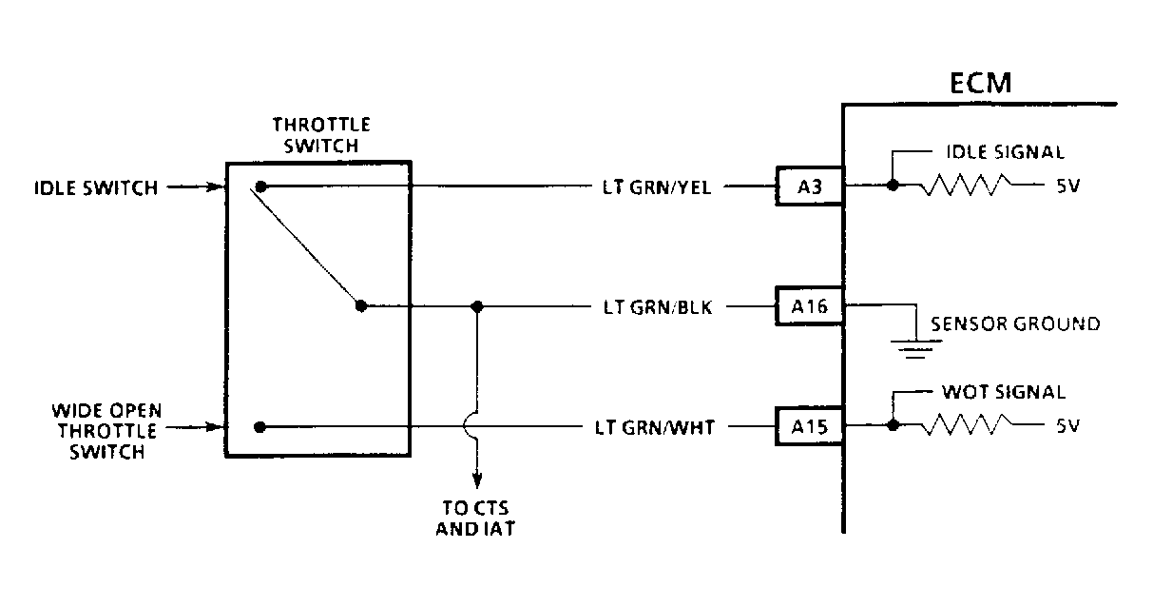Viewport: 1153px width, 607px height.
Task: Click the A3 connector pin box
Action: (808, 186)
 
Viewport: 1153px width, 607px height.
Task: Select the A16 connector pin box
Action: (808, 306)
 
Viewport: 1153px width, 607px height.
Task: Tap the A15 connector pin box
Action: (808, 427)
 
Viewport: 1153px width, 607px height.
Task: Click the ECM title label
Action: (981, 84)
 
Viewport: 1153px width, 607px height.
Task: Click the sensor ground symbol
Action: (914, 347)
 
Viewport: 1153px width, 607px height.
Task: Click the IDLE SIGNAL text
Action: (1005, 152)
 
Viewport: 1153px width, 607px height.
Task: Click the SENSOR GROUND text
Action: (1014, 324)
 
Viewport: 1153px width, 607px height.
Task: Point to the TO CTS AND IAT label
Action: (475, 518)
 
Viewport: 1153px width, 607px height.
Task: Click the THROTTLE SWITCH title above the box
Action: (321, 135)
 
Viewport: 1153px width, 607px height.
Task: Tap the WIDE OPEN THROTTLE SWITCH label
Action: (106, 431)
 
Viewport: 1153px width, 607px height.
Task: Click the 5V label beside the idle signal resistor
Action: (1067, 186)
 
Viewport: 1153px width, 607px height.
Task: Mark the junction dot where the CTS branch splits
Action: (477, 306)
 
